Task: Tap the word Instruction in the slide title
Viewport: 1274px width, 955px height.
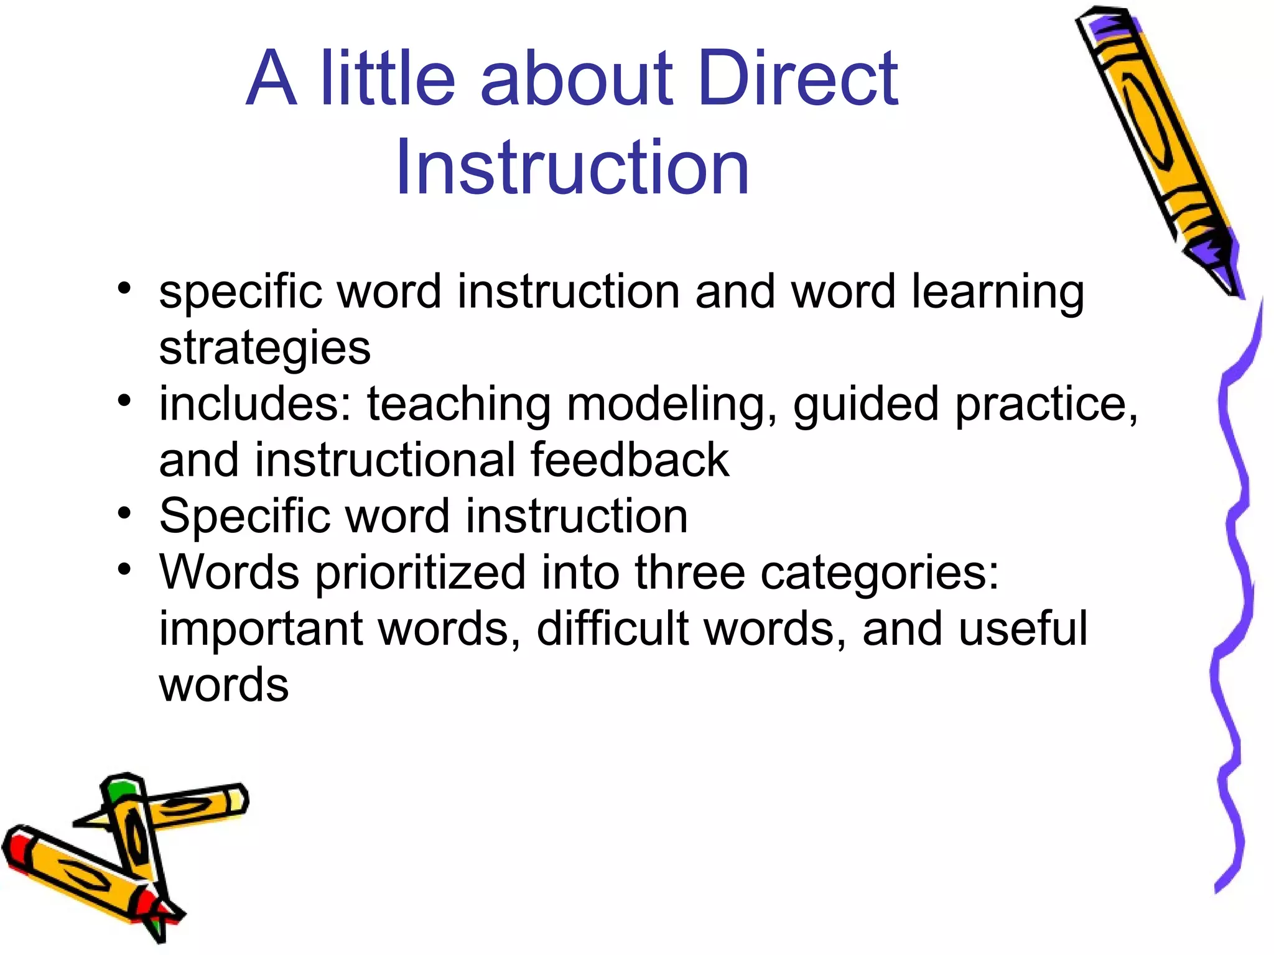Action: (572, 167)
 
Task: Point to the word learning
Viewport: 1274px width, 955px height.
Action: (998, 292)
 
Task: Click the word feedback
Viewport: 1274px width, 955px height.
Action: (630, 460)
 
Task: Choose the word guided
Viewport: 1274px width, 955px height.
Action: (865, 404)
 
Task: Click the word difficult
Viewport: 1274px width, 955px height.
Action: (613, 629)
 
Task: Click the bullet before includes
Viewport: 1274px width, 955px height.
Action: (125, 401)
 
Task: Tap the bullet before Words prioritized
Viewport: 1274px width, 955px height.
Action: (125, 570)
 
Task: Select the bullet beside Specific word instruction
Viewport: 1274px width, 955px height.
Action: (125, 514)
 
